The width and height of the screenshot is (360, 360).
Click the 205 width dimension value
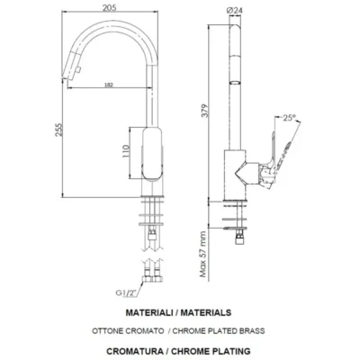[x=109, y=7]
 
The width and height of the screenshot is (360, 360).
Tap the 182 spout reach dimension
[x=109, y=85]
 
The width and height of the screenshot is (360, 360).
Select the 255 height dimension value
[x=58, y=130]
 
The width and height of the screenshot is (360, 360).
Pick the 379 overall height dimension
[x=204, y=111]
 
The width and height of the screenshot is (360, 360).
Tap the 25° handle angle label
[x=290, y=118]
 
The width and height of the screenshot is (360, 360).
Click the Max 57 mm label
[x=204, y=254]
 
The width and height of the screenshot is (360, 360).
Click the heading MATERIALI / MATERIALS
[x=178, y=312]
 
